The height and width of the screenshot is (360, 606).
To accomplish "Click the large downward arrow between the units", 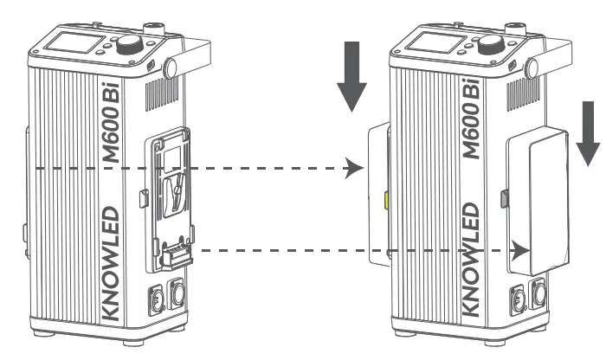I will (353, 83).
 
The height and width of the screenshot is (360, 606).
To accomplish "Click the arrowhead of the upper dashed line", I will (351, 167).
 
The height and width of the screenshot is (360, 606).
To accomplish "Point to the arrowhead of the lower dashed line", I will (520, 251).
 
